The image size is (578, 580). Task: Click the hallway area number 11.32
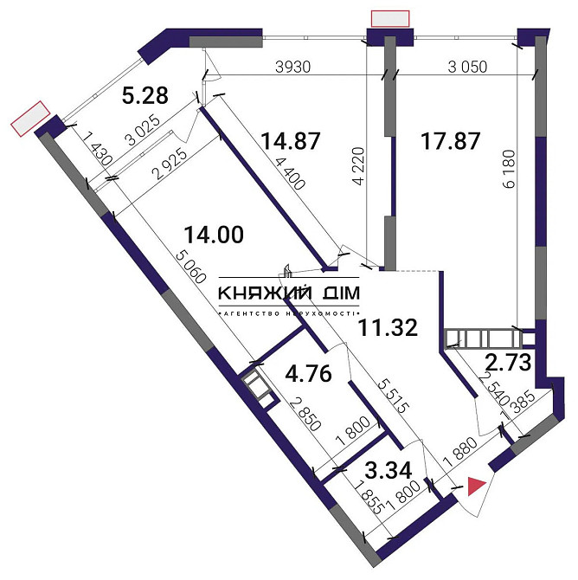(389, 327)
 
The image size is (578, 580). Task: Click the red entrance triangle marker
(475, 487)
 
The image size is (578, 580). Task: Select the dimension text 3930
(293, 66)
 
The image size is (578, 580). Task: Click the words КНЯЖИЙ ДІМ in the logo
(290, 293)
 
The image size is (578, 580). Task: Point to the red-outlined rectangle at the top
(389, 18)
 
